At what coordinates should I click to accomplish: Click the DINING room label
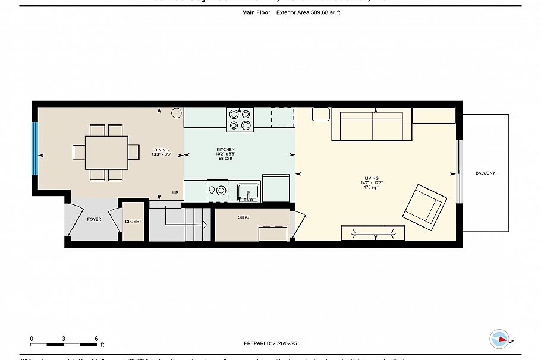[x=162, y=150]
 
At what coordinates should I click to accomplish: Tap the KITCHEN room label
[x=225, y=150]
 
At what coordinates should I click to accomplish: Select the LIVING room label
[x=372, y=178]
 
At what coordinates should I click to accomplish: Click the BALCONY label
[x=485, y=173]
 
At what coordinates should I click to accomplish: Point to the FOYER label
[x=94, y=220]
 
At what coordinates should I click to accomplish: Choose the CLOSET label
[x=133, y=222]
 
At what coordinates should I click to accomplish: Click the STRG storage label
[x=243, y=217]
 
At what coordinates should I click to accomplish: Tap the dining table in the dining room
[x=106, y=152]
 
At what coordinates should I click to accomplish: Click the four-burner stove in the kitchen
[x=240, y=119]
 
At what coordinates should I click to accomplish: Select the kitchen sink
[x=249, y=191]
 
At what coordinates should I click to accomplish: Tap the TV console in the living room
[x=373, y=233]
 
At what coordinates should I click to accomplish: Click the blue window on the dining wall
[x=35, y=149]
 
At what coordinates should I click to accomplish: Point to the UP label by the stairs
[x=175, y=193]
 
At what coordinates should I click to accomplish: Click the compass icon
[x=499, y=339]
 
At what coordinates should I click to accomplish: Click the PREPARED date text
[x=270, y=343]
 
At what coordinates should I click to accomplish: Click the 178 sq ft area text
[x=372, y=187]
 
